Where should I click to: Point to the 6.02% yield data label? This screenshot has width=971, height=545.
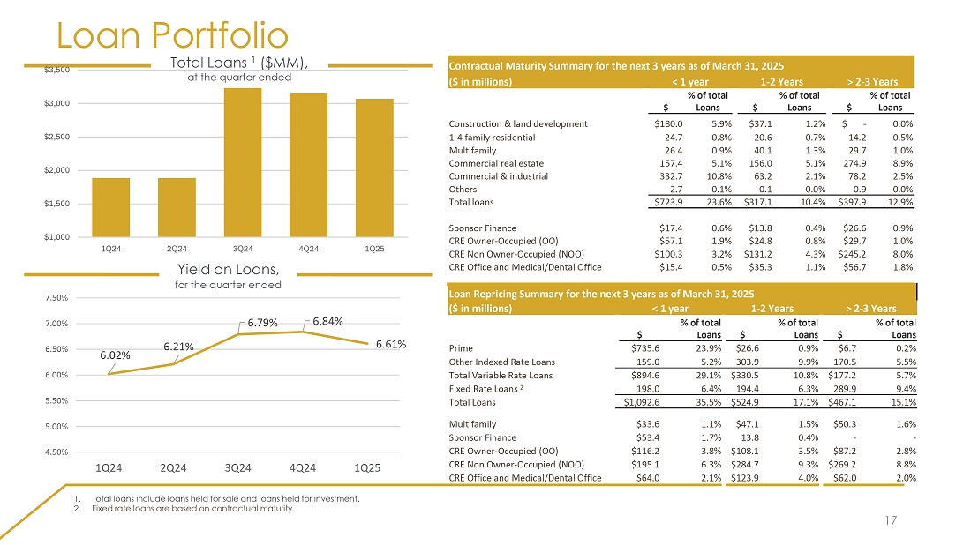[116, 355]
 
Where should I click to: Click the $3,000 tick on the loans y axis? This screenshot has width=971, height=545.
[60, 103]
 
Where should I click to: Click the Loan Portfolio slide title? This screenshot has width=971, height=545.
[172, 35]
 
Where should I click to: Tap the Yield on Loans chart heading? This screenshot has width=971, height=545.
[229, 268]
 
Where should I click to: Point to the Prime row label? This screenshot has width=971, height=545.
[462, 347]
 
